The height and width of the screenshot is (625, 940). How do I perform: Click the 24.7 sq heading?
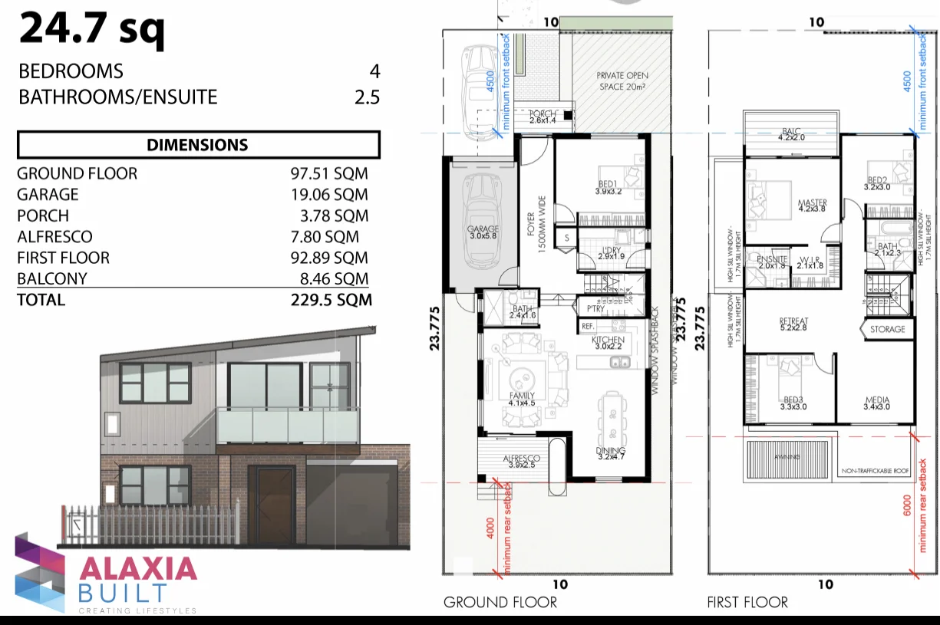coord(91,29)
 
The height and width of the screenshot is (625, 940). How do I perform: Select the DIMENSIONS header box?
coord(198,144)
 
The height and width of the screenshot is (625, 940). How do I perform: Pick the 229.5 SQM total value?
coord(331,300)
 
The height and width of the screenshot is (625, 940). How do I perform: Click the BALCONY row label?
coord(51,278)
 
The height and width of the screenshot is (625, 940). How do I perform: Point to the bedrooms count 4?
coord(374,71)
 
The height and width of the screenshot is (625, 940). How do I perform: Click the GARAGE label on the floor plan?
coord(483,229)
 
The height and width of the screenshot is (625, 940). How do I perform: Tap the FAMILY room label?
coord(522,396)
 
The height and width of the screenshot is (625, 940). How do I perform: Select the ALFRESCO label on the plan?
coord(522,459)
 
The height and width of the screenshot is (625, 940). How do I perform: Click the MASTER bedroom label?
coord(812,203)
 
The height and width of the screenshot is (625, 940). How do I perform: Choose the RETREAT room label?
coord(793,321)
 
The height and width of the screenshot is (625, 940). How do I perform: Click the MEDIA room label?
coord(877,400)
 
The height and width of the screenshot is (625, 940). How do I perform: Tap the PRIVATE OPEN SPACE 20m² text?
coord(622,81)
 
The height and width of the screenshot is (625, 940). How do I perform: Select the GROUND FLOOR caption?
coord(500,602)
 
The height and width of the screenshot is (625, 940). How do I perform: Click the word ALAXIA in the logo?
coord(139,568)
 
